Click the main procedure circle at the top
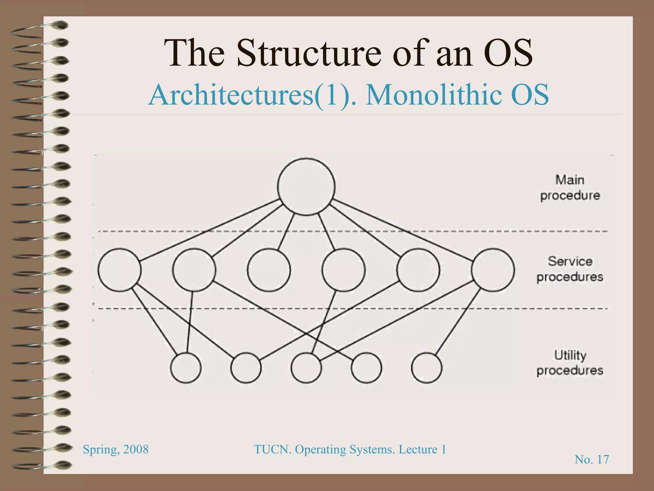(306, 186)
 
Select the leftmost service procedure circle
(119, 270)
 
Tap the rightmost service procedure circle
(493, 270)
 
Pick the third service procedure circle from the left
(269, 270)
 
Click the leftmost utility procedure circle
(186, 368)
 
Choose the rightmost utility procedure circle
(427, 368)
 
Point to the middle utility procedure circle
(306, 368)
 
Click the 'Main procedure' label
(570, 188)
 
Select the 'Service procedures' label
(570, 269)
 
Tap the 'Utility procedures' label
(570, 363)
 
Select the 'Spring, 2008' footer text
(116, 449)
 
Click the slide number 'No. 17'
(592, 459)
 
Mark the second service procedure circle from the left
(194, 270)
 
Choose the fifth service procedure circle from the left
(418, 270)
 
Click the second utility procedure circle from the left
(246, 368)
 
